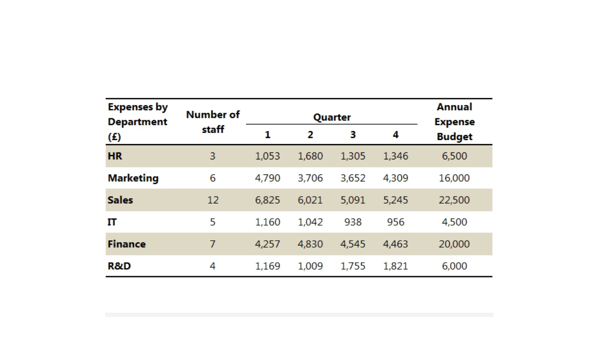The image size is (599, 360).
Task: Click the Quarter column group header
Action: pos(332,118)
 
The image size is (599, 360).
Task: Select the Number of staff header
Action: pos(213,122)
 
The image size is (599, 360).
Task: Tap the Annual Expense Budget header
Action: pos(454,122)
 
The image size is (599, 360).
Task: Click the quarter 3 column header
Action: pos(353,135)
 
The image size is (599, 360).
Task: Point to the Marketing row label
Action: pos(133,178)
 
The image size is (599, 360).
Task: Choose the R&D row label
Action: pos(119,266)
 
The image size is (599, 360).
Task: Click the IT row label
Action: pos(112,222)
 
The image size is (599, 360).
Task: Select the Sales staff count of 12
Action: pos(213,200)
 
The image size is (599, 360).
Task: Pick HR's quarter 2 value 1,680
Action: pos(310,156)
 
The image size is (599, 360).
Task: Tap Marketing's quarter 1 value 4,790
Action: pos(267,178)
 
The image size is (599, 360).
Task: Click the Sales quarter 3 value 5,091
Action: pos(353,200)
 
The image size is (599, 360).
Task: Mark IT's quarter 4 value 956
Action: pos(395,222)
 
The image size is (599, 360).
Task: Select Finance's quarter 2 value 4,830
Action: pos(310,244)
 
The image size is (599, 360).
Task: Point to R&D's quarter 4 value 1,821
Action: pos(395,266)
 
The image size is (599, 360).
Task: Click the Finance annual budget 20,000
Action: pos(454,244)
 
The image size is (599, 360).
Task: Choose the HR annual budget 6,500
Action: pos(454,156)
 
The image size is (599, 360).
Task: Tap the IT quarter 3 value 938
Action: pos(353,222)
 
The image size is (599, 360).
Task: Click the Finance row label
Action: pos(127,244)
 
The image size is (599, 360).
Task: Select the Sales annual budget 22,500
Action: pos(454,200)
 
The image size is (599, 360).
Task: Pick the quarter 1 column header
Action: pos(268,135)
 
